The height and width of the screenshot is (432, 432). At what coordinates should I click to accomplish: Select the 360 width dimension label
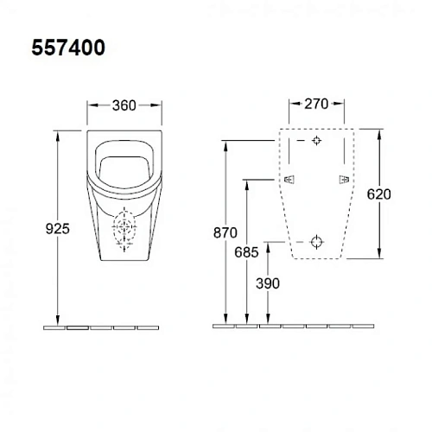tap(126, 106)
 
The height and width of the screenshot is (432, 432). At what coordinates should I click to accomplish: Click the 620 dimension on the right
tap(378, 195)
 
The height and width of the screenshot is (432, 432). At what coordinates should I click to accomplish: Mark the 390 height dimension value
tap(268, 282)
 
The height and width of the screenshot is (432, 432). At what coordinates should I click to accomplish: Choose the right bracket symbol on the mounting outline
tap(345, 179)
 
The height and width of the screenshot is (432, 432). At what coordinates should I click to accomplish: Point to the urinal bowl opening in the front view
tap(126, 163)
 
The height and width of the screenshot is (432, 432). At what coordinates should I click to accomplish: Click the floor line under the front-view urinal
tap(101, 327)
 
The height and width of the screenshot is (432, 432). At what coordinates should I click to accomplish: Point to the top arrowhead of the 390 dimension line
tap(269, 244)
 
